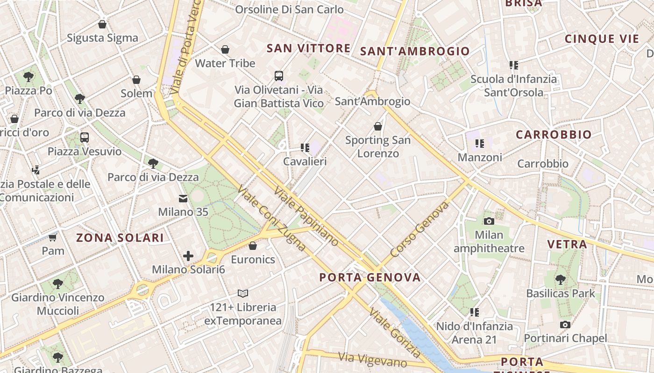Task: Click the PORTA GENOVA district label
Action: [x=370, y=277]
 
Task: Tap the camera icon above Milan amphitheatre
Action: [x=489, y=221]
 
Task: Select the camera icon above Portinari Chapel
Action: [x=565, y=325]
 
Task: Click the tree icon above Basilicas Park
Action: [x=560, y=280]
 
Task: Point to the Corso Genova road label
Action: [x=419, y=229]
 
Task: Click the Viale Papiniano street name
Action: [x=306, y=216]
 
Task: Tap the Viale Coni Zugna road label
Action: [x=271, y=218]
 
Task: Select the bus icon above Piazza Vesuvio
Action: [x=85, y=138]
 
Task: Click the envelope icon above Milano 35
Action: [x=183, y=199]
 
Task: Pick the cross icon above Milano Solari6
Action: [x=188, y=256]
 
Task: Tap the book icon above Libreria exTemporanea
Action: [x=242, y=293]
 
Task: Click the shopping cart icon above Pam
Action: [x=52, y=238]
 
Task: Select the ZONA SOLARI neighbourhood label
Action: [x=120, y=238]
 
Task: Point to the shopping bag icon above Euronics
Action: [x=253, y=246]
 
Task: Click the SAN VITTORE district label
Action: [x=308, y=48]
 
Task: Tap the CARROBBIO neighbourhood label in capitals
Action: [x=554, y=135]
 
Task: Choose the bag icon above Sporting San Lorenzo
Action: [x=378, y=126]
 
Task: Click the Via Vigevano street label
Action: [x=372, y=359]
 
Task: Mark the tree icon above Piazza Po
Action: [x=28, y=76]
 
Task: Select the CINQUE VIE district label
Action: [x=601, y=39]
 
